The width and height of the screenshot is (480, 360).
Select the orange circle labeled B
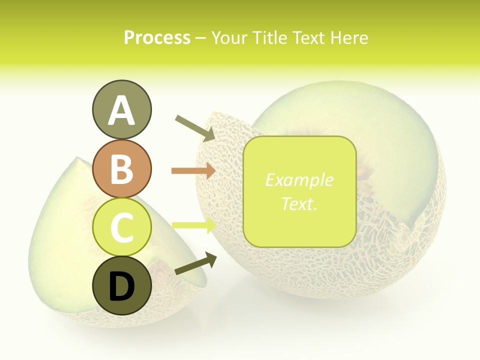pyautogui.click(x=121, y=168)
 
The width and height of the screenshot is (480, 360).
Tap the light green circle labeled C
pyautogui.click(x=121, y=227)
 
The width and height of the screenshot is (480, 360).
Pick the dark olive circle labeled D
pyautogui.click(x=121, y=286)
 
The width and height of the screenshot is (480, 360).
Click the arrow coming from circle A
pyautogui.click(x=195, y=127)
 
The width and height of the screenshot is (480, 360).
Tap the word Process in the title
pyautogui.click(x=157, y=37)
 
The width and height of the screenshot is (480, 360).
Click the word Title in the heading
pyautogui.click(x=270, y=37)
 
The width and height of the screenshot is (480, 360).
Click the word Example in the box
pyautogui.click(x=299, y=180)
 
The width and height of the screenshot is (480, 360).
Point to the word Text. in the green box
pyautogui.click(x=299, y=203)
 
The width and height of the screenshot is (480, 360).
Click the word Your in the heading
pyautogui.click(x=229, y=37)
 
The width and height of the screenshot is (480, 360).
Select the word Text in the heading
pyautogui.click(x=308, y=37)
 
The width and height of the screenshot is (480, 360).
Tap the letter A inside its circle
pyautogui.click(x=121, y=111)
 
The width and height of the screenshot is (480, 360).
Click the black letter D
pyautogui.click(x=121, y=286)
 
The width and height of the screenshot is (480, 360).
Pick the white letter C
pyautogui.click(x=121, y=228)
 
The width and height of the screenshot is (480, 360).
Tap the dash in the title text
pyautogui.click(x=200, y=38)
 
